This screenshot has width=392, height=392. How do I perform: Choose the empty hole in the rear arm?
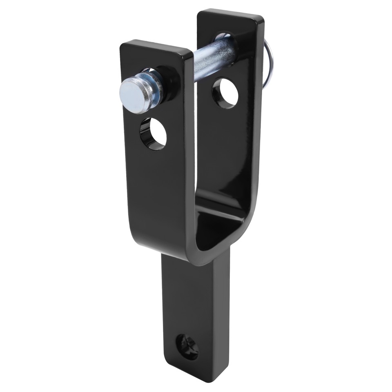pyautogui.click(x=225, y=93)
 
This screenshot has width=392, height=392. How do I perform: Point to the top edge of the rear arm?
pyautogui.click(x=231, y=16)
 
